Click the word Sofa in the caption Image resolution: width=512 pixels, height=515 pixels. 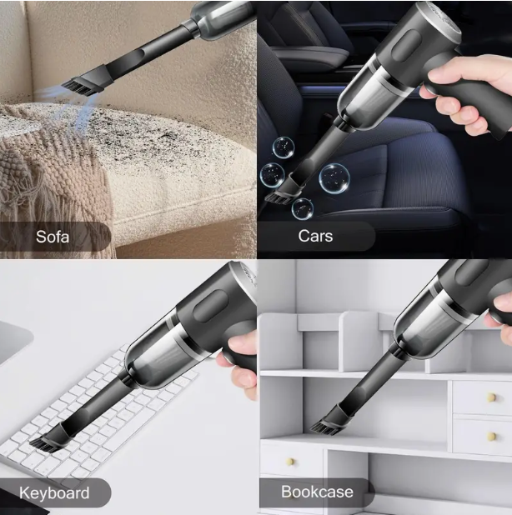point(52,237)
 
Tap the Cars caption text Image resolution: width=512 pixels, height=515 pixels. point(316,236)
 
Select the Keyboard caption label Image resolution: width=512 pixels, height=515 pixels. point(54,492)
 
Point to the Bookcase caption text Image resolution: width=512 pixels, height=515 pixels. point(316,491)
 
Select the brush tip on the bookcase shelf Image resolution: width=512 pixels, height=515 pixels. point(324,425)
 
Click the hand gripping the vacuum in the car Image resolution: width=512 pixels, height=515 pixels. point(463,104)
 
